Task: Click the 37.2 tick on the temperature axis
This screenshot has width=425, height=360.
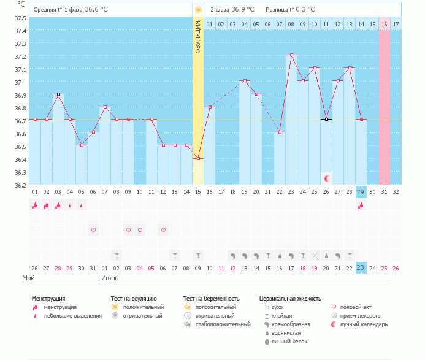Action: tap(21, 56)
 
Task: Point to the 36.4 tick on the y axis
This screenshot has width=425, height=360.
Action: tap(21, 159)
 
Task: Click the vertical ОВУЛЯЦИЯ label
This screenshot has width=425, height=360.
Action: tap(197, 37)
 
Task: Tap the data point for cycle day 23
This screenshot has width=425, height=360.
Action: tap(291, 55)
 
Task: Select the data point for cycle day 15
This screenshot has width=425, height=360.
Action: tap(198, 159)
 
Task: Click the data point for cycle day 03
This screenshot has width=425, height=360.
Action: tap(58, 94)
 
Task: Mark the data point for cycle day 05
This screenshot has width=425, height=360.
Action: tap(81, 145)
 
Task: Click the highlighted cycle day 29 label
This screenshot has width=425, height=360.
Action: tap(361, 191)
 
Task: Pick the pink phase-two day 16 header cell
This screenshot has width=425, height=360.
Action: tap(385, 24)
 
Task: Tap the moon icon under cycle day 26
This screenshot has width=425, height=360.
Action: tap(327, 178)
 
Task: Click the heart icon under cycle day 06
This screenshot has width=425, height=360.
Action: tap(93, 230)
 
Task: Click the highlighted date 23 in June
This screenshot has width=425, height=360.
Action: tap(361, 268)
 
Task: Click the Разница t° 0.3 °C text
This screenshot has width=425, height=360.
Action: tap(290, 10)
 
